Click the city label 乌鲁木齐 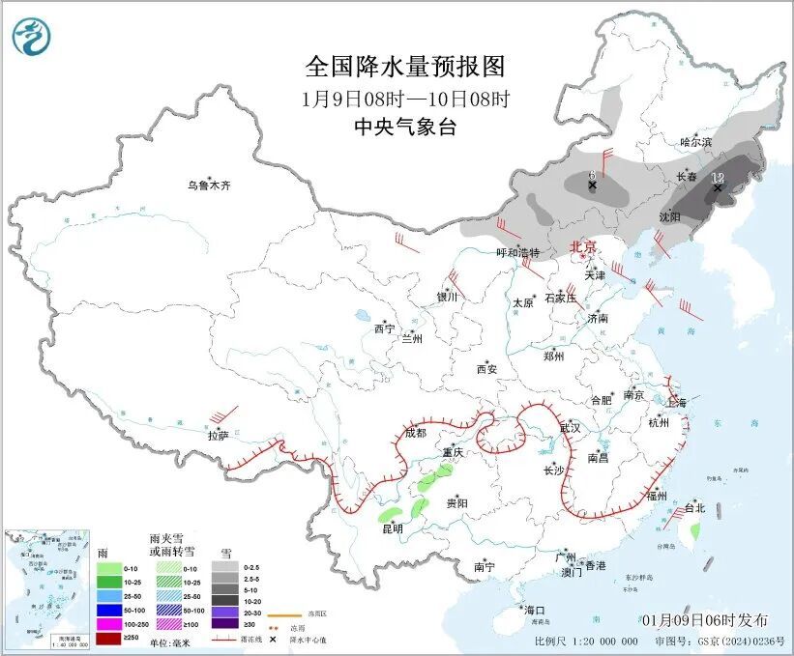click(209, 185)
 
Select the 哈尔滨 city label click(694, 142)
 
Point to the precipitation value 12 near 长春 click(718, 178)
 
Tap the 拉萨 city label click(218, 436)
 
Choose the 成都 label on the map click(415, 433)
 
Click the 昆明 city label click(391, 528)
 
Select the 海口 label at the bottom click(534, 610)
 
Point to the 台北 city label click(695, 507)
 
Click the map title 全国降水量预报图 click(405, 67)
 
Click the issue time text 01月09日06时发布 click(704, 619)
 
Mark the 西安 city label click(486, 369)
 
